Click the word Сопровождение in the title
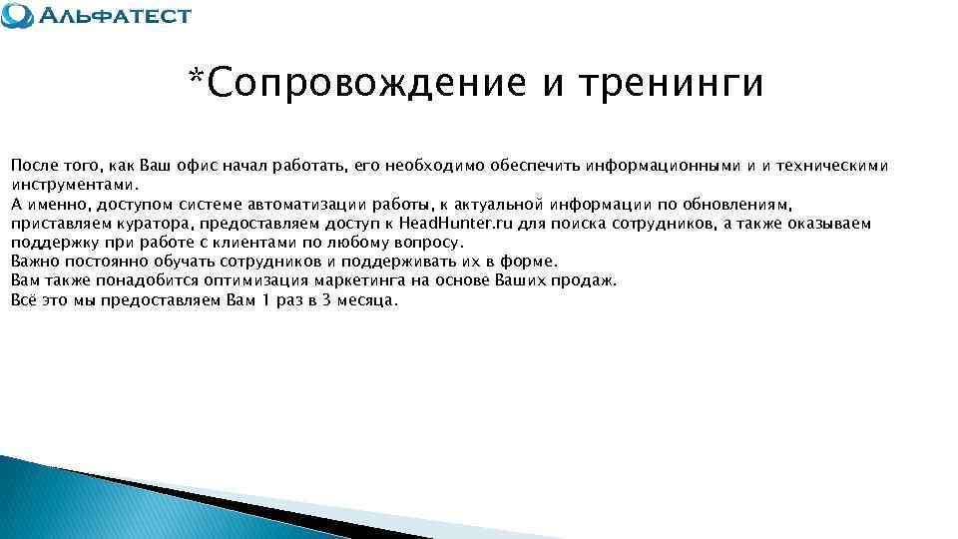368,84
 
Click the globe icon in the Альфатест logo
17,15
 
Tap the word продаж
589,280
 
